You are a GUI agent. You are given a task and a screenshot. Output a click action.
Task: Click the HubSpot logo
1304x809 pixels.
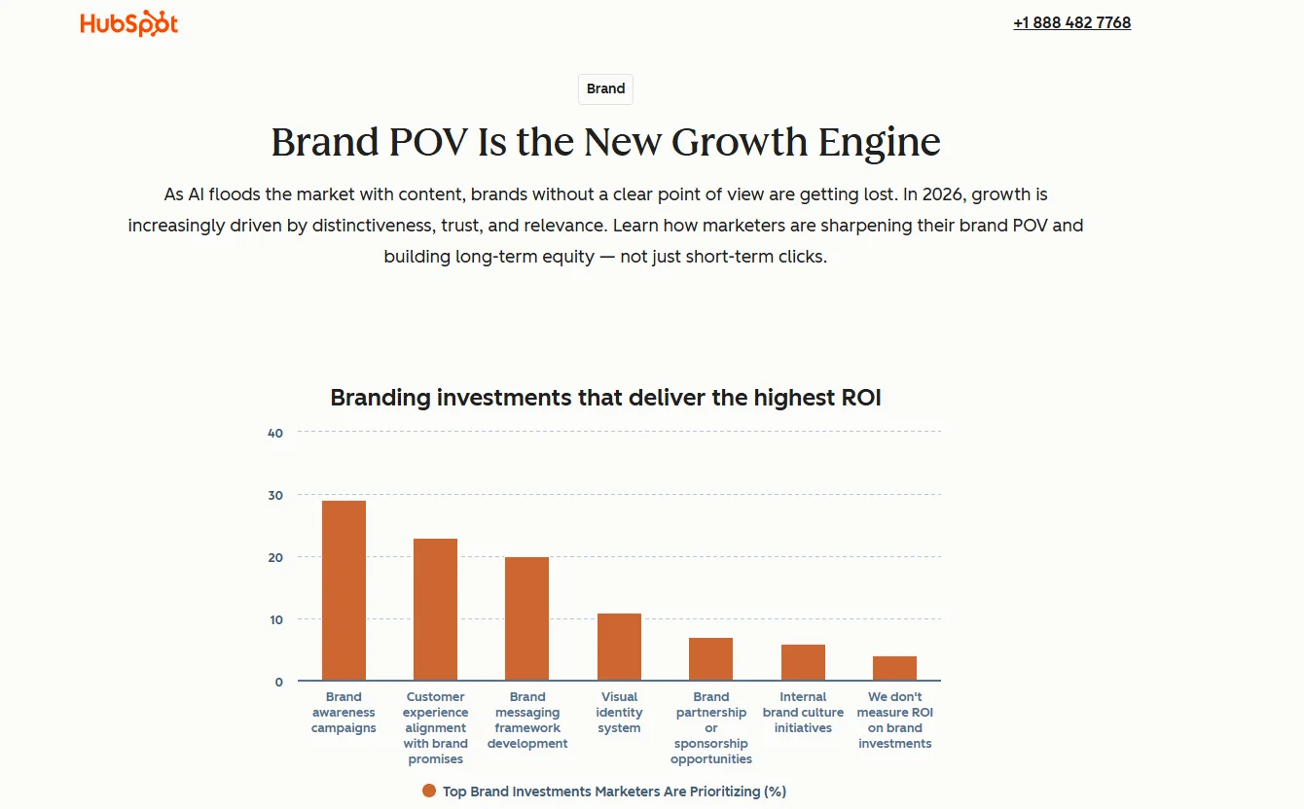click(129, 23)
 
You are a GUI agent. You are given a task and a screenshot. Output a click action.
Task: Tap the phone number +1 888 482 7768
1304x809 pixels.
click(1071, 22)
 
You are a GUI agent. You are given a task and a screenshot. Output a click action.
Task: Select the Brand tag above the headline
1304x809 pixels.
click(605, 89)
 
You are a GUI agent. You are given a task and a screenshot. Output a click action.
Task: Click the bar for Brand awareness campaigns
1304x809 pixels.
click(344, 590)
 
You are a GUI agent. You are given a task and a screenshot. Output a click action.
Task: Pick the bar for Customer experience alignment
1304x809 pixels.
click(435, 610)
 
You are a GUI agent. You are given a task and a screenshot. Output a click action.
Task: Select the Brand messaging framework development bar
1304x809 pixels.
click(526, 618)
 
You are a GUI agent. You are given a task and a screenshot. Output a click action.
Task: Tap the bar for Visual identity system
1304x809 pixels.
click(619, 647)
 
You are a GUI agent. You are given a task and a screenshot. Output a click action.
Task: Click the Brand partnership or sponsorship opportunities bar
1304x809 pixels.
click(710, 659)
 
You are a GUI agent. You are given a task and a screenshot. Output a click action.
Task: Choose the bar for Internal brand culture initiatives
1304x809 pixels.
click(803, 662)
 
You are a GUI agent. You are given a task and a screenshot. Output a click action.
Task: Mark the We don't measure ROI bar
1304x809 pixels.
click(894, 668)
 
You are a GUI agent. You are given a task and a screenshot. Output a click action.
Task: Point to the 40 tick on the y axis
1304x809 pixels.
click(275, 433)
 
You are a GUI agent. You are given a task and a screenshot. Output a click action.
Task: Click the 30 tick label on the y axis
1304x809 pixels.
click(275, 495)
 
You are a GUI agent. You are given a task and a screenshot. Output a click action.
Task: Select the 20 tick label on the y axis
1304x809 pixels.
click(275, 557)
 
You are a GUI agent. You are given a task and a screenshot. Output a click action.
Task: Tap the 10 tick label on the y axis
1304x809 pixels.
click(275, 619)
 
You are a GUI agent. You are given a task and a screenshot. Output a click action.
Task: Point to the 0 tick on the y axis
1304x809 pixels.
click(278, 682)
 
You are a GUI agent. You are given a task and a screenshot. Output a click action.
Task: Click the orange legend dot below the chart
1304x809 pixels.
click(429, 791)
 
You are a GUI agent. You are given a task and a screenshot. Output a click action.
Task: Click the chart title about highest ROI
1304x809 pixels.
click(605, 398)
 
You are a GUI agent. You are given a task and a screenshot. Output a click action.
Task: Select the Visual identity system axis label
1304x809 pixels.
click(619, 712)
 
